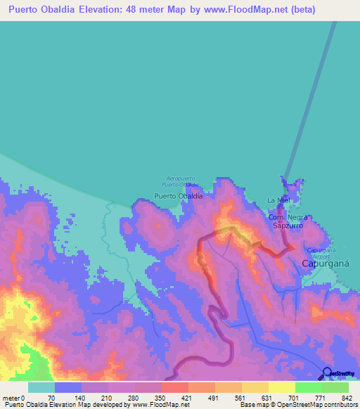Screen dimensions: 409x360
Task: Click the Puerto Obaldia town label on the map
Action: click(x=179, y=196)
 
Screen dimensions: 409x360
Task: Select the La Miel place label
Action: click(x=278, y=200)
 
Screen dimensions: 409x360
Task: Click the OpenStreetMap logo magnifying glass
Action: click(x=328, y=372)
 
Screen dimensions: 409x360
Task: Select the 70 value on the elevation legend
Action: click(x=51, y=398)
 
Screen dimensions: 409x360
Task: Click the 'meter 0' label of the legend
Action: click(x=13, y=398)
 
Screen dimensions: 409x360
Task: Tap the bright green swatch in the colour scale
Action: click(x=308, y=387)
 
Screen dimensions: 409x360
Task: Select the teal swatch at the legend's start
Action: click(x=41, y=387)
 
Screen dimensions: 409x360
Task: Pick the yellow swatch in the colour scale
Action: click(x=281, y=387)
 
